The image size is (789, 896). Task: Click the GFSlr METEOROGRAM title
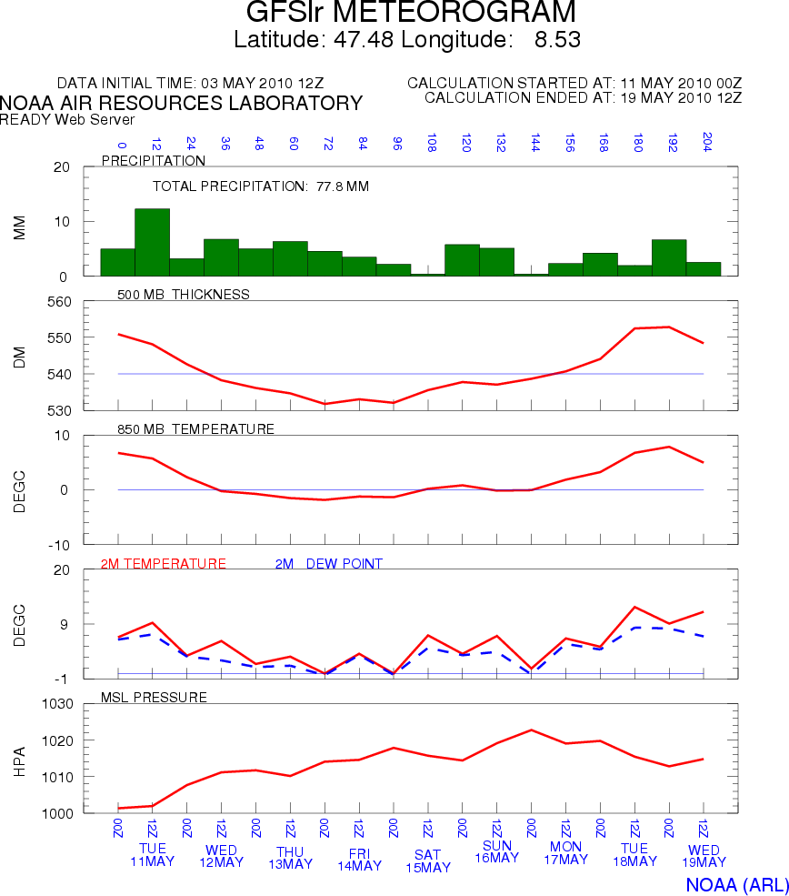point(411,13)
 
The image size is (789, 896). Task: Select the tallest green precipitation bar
point(152,242)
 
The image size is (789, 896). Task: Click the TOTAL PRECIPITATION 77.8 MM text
point(260,186)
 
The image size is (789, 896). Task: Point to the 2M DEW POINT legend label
point(328,564)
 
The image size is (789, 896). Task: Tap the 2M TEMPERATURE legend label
point(164,564)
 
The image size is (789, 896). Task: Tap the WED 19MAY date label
point(704,856)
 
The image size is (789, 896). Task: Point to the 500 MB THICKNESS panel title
point(184,294)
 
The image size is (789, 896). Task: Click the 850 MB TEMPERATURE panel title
point(195,428)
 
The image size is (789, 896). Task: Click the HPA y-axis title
point(20,759)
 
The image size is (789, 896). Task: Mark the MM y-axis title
point(20,227)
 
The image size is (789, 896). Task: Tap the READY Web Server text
point(67,119)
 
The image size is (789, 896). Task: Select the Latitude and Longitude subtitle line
point(407,40)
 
